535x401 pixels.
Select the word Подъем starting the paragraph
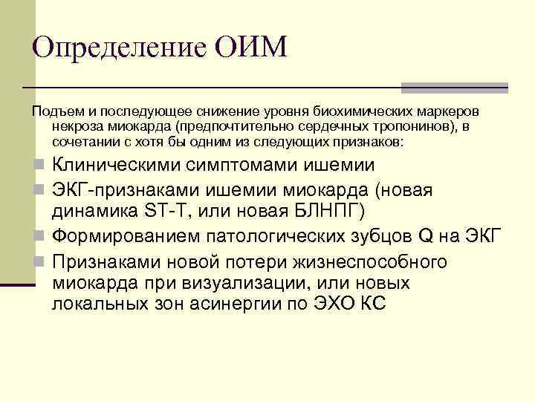pos(53,111)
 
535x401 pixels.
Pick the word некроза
pos(72,125)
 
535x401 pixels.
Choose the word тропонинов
pos(420,125)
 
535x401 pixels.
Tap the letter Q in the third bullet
pos(426,237)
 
